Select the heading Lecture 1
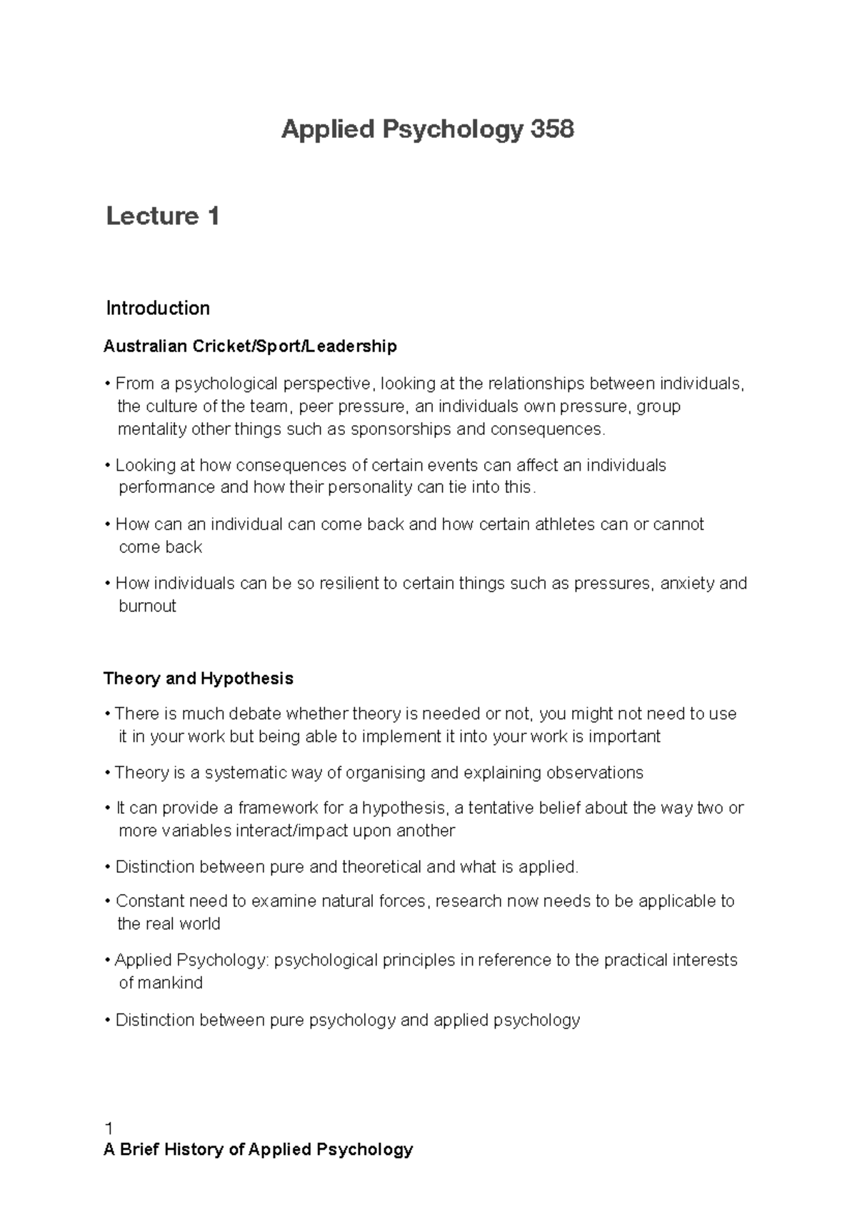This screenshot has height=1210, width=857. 162,216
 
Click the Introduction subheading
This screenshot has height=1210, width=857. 158,309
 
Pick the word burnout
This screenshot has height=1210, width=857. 147,606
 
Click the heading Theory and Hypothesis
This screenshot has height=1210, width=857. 199,678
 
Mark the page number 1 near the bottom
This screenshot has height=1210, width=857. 109,1129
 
